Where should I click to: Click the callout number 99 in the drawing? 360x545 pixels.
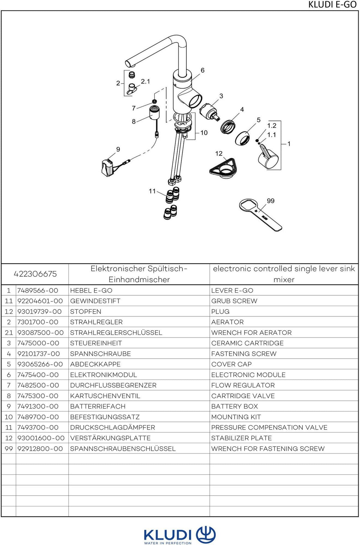(271, 201)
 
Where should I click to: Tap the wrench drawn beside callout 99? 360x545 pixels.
(260, 215)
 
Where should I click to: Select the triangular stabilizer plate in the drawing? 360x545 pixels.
(223, 168)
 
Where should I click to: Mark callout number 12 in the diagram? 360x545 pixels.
(219, 153)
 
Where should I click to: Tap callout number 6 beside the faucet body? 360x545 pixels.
(202, 70)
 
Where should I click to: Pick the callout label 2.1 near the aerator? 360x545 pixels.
(145, 81)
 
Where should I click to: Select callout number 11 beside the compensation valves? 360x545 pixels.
(152, 191)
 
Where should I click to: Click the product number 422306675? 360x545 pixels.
(35, 274)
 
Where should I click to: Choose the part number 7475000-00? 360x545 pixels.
(38, 343)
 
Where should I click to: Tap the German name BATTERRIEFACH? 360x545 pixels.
(98, 406)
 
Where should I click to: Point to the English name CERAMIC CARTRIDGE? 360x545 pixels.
(247, 343)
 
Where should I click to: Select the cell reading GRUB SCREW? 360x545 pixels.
(234, 301)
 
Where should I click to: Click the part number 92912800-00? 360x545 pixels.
(40, 448)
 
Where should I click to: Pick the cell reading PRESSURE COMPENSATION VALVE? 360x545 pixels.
(269, 427)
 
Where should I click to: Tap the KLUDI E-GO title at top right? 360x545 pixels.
(332, 5)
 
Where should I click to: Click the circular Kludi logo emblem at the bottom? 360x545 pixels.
(206, 535)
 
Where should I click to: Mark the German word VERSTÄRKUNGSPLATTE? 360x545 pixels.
(110, 438)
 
